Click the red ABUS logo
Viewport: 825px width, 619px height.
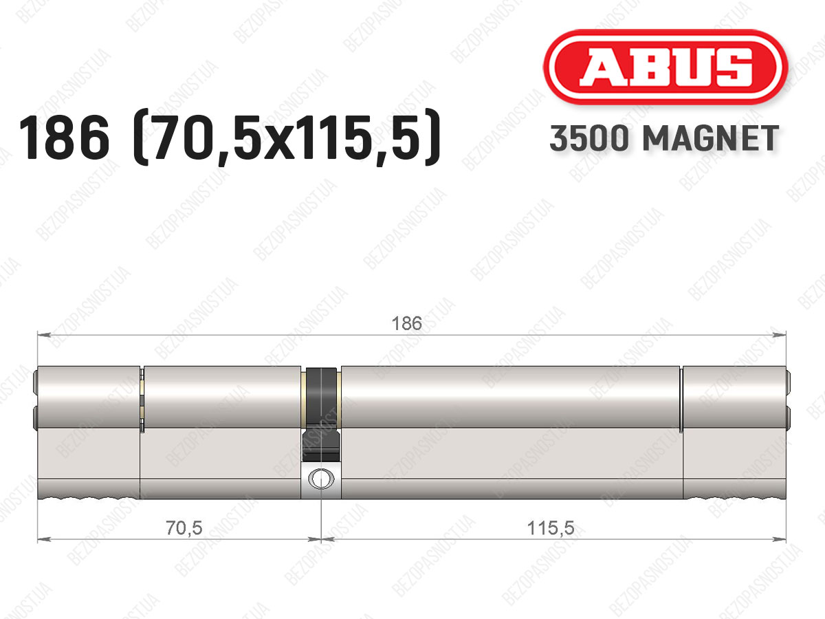[665, 67]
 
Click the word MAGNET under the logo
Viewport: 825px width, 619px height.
[711, 138]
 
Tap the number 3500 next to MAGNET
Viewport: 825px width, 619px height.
[589, 138]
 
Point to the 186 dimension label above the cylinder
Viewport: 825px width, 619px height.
[407, 323]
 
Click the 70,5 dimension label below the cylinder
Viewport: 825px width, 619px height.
[184, 528]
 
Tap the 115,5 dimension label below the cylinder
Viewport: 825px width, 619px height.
[551, 528]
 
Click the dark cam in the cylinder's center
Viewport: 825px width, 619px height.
[320, 415]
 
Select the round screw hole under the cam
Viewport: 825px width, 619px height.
[321, 479]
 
